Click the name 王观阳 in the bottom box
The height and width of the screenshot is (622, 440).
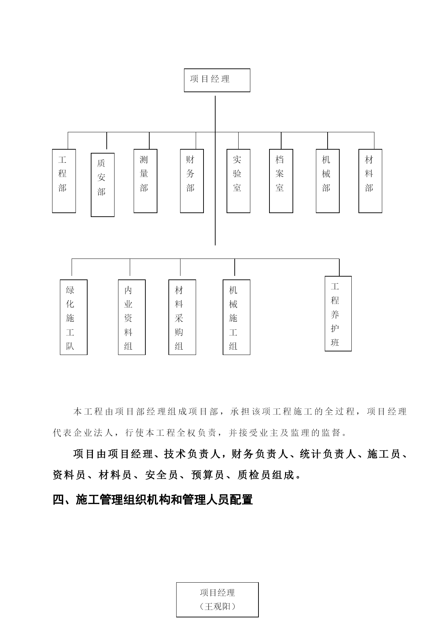[217, 607]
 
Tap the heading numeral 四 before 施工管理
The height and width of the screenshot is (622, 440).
[58, 500]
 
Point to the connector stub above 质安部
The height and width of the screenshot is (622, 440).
[107, 141]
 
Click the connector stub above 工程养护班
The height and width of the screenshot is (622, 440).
[339, 267]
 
